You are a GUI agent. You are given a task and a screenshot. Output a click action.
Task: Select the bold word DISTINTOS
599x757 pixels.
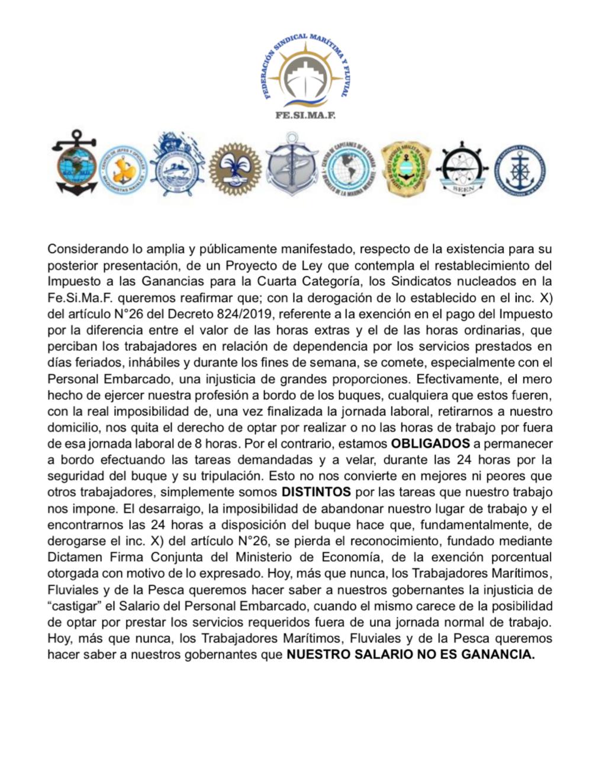tap(316, 492)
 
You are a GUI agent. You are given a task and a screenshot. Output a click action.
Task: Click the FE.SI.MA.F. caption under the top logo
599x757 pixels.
tap(305, 115)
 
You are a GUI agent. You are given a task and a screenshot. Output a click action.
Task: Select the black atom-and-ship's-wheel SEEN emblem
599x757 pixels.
tap(462, 168)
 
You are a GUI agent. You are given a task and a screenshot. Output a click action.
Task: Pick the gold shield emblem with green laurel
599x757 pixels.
tap(407, 168)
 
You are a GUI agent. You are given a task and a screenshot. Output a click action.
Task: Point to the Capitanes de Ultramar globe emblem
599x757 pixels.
tap(350, 169)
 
